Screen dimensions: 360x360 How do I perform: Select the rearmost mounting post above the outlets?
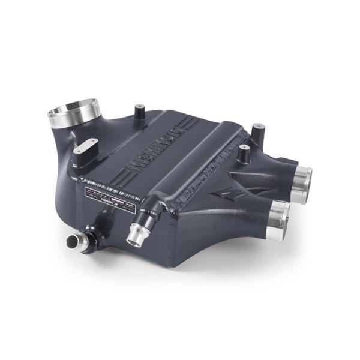tap(257, 130)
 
